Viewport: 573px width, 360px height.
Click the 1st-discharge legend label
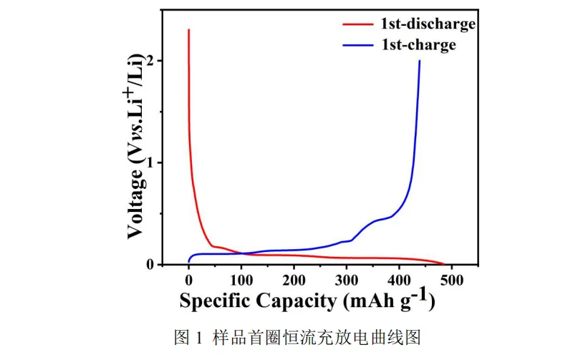[428, 24]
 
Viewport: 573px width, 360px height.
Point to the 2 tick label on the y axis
[150, 62]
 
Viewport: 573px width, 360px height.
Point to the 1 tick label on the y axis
[150, 163]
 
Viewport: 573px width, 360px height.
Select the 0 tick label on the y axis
[150, 265]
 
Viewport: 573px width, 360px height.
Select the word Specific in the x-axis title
[214, 301]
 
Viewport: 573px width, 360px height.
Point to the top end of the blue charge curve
[420, 62]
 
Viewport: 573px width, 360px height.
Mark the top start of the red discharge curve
[188, 30]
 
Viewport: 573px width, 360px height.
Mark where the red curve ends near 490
[445, 264]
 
